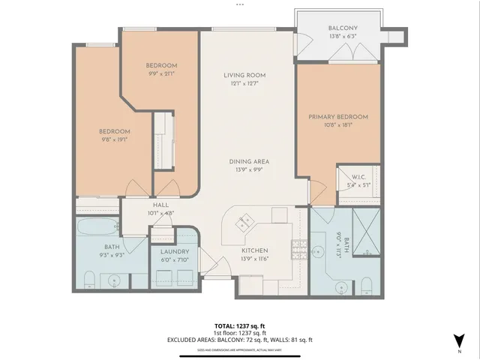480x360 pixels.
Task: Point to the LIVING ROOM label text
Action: (x=244, y=75)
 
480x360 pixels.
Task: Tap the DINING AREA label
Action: (x=250, y=161)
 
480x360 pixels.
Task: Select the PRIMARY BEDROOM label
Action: (x=338, y=117)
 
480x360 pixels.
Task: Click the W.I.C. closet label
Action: (x=355, y=177)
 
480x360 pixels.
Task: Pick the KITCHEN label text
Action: (x=255, y=250)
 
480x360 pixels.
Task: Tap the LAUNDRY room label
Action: (x=174, y=252)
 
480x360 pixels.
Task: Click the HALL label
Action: (x=160, y=205)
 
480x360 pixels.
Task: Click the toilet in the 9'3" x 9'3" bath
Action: (x=88, y=280)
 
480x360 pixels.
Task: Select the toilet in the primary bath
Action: (x=366, y=283)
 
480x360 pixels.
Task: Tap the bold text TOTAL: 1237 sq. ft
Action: (x=239, y=325)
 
